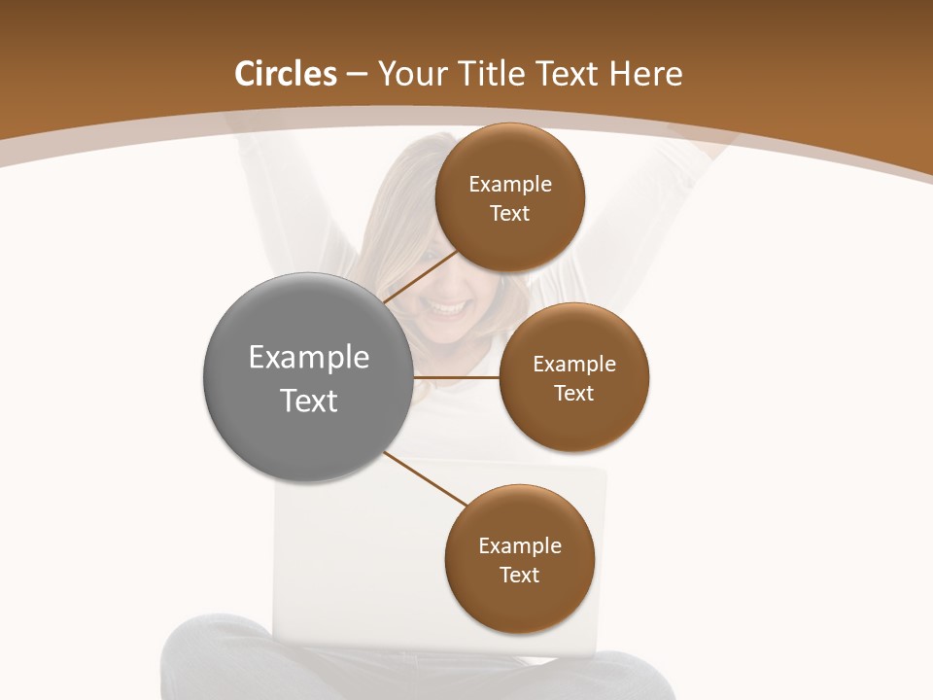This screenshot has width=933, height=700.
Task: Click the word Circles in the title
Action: (x=285, y=74)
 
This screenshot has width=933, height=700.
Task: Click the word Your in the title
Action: (x=410, y=74)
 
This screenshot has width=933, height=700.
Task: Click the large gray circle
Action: (x=308, y=377)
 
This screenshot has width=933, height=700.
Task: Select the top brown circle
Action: (x=510, y=197)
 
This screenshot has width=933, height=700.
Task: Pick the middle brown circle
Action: (x=574, y=377)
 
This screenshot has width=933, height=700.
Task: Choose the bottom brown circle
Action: (x=519, y=560)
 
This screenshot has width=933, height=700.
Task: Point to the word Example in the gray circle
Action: (x=308, y=358)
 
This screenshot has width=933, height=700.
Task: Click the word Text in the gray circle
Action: (x=308, y=401)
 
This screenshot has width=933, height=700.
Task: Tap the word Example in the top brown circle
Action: (x=510, y=184)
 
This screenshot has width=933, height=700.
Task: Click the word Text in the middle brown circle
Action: (x=574, y=393)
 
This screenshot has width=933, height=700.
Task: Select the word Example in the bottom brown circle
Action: (x=519, y=545)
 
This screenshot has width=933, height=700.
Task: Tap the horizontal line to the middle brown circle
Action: (x=457, y=377)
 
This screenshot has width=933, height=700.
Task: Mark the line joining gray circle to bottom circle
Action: (x=425, y=478)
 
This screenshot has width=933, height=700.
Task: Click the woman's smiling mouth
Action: (x=448, y=309)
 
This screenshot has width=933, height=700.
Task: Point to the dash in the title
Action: (x=357, y=75)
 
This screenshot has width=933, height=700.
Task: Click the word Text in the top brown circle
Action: (x=510, y=213)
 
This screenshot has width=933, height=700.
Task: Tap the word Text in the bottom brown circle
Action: (x=519, y=575)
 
